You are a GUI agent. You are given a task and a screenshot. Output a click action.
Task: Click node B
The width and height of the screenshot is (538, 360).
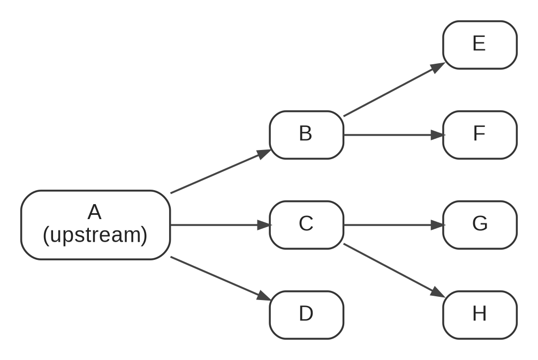coord(306,135)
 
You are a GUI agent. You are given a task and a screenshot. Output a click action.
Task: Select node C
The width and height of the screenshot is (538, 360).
coord(306,225)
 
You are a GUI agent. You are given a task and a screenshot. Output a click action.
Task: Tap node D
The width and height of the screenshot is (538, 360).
coord(306,315)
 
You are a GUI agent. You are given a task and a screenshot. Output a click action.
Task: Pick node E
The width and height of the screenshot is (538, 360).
coord(480,45)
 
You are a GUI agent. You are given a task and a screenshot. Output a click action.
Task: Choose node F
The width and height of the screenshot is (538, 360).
coord(480,135)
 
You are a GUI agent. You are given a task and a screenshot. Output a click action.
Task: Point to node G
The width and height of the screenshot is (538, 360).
coord(480,225)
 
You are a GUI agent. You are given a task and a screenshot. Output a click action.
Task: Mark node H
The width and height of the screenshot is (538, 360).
coord(480,315)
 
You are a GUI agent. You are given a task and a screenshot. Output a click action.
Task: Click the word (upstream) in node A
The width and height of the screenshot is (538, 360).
coord(95,235)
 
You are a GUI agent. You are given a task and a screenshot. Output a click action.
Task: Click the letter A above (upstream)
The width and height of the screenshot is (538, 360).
coord(94,212)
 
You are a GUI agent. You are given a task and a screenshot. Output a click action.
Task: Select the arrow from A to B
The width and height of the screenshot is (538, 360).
coord(221,171)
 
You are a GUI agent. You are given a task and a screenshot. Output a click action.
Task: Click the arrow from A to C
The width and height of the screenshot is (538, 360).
coord(221,225)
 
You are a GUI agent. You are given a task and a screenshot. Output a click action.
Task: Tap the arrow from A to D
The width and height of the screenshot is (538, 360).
coord(221,279)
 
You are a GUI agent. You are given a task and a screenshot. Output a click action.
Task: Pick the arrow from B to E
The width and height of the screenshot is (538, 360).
coord(394,89)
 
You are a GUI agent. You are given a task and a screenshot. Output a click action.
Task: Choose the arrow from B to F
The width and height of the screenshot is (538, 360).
coord(394,135)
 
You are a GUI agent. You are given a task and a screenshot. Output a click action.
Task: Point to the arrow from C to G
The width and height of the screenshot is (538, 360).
coord(394,225)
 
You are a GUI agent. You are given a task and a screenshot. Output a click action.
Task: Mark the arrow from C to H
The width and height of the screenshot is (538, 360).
coord(394,271)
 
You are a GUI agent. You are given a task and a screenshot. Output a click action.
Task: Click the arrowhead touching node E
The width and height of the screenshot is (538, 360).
coord(438,67)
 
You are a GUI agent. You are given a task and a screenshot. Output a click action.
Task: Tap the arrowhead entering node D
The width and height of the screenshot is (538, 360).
coord(264,296)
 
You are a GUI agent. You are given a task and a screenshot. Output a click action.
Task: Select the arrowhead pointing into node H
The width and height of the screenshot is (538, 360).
coord(438,292)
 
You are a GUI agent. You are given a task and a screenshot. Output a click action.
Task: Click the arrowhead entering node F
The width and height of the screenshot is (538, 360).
coord(438,135)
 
